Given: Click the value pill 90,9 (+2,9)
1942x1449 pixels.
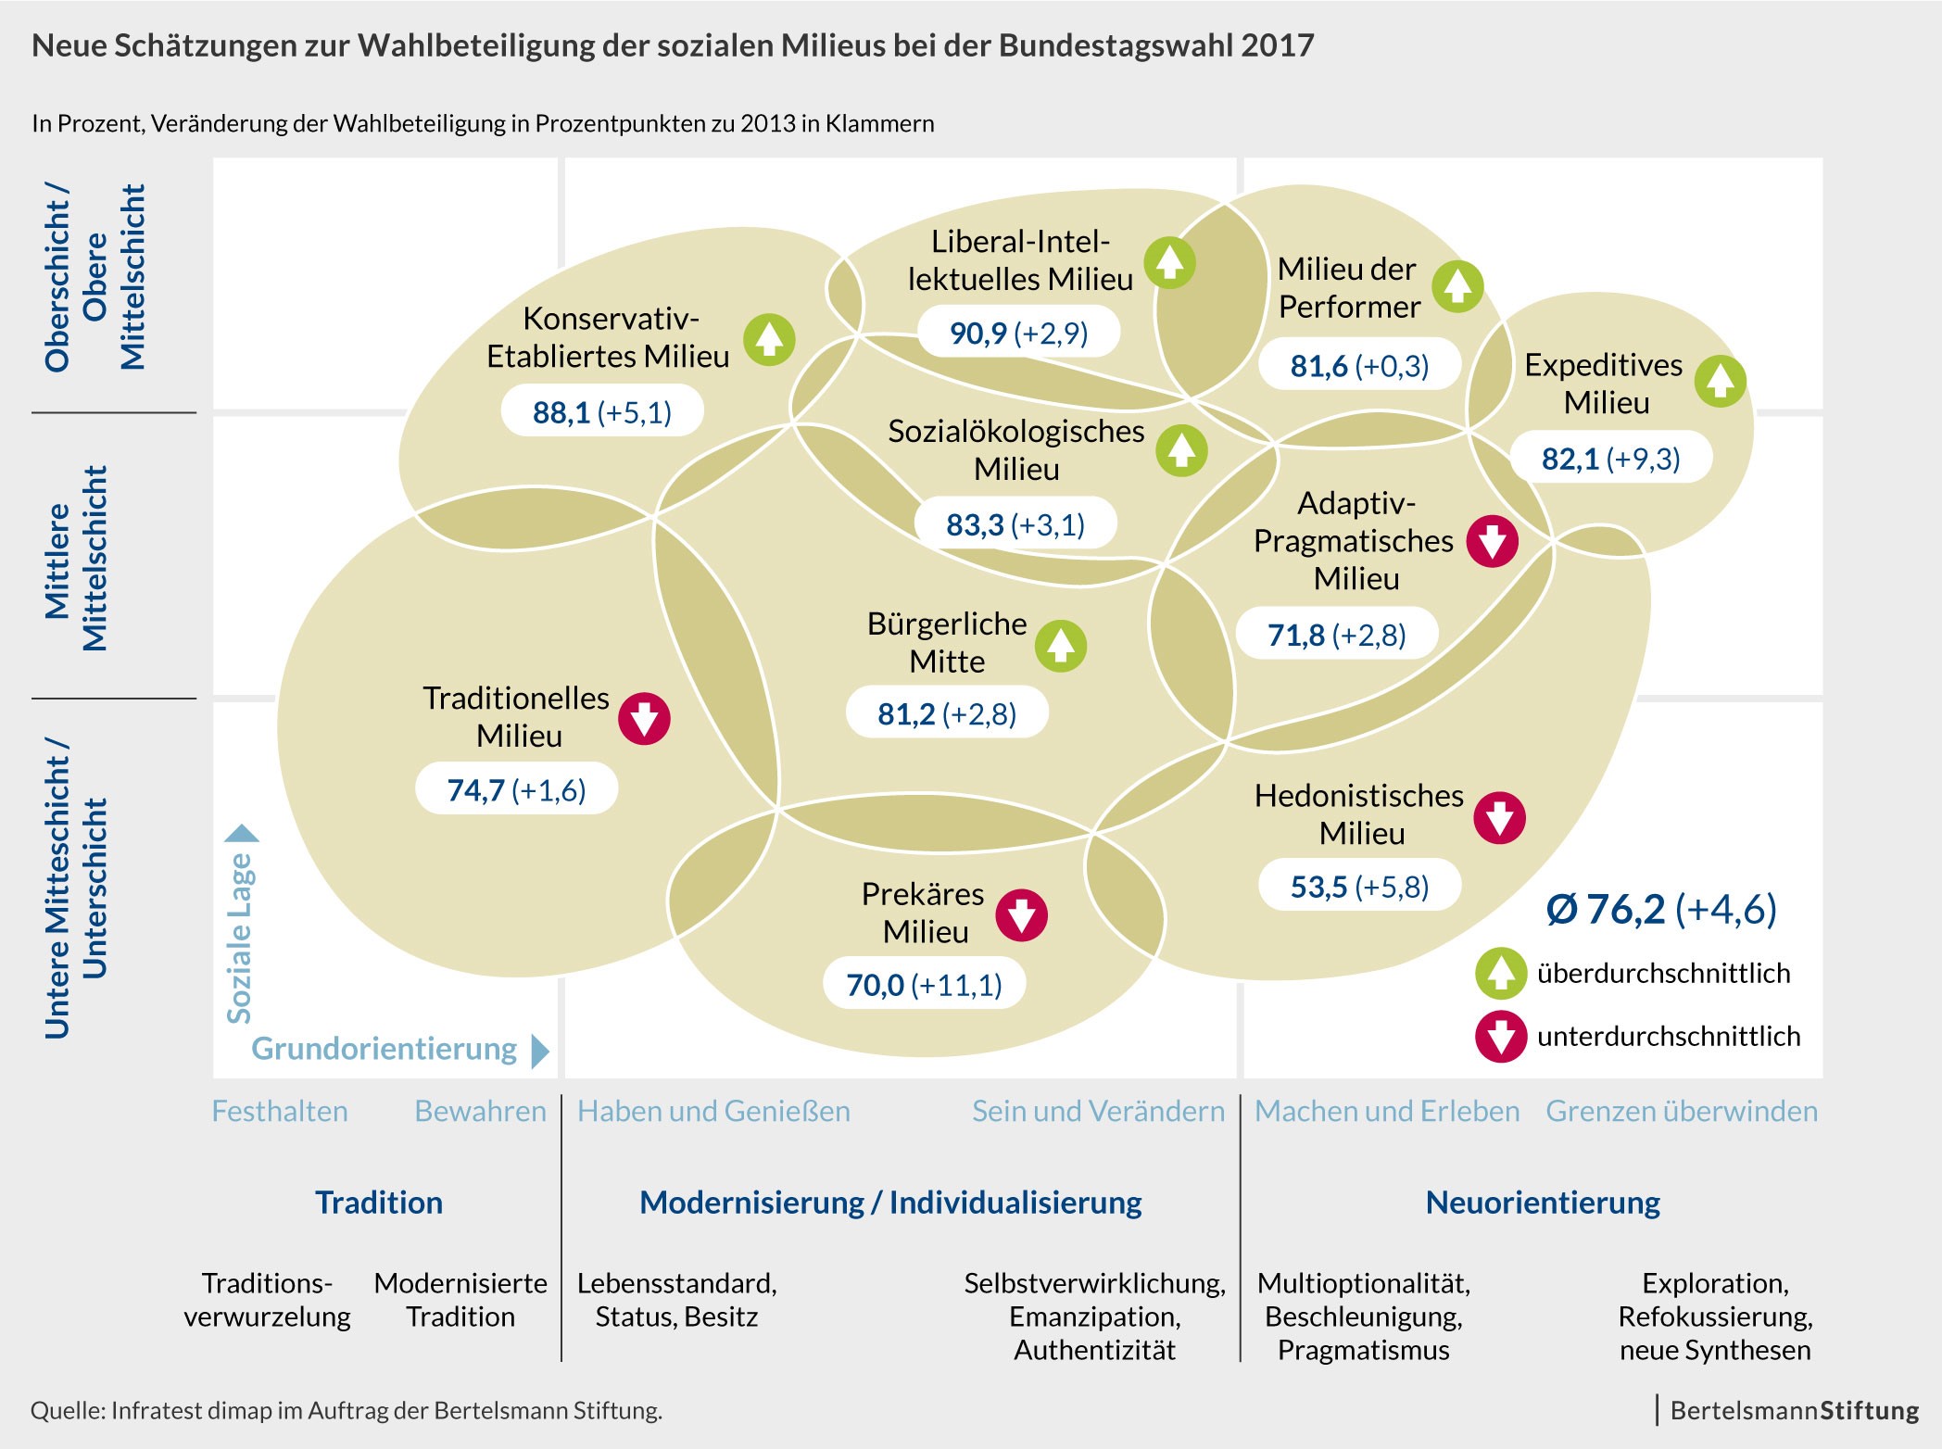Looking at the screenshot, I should click(x=1018, y=333).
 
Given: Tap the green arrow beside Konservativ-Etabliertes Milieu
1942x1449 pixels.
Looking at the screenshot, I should click(x=769, y=339).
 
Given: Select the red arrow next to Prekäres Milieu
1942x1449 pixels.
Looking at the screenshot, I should click(x=1021, y=915).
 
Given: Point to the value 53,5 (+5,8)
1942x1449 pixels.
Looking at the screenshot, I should click(x=1359, y=887).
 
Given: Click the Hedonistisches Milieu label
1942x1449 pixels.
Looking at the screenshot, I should click(x=1359, y=813).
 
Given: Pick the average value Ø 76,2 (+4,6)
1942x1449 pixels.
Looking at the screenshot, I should click(x=1660, y=909).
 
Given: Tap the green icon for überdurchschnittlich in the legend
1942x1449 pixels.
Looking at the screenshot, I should click(x=1500, y=973).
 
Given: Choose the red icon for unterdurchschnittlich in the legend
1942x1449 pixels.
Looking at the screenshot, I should click(x=1500, y=1036).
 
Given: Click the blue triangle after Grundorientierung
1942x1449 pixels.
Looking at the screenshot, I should click(x=540, y=1051).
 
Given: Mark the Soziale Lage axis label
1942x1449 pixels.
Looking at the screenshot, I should click(x=240, y=936).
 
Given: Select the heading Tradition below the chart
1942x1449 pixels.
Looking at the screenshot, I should click(x=379, y=1203).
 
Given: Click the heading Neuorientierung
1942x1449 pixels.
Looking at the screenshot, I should click(x=1543, y=1203).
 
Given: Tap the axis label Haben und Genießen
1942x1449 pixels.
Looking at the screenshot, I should click(x=713, y=1111).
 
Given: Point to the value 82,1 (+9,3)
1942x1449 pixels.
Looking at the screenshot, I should click(x=1610, y=459).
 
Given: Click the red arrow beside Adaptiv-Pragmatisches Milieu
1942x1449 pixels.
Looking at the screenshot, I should click(x=1492, y=541).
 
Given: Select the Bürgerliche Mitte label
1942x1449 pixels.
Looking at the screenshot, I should click(x=947, y=642).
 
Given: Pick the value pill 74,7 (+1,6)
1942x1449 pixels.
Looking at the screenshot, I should click(x=516, y=789).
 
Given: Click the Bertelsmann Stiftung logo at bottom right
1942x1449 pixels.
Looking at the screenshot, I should click(x=1794, y=1410).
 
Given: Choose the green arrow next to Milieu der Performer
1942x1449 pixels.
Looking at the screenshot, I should click(x=1457, y=286).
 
